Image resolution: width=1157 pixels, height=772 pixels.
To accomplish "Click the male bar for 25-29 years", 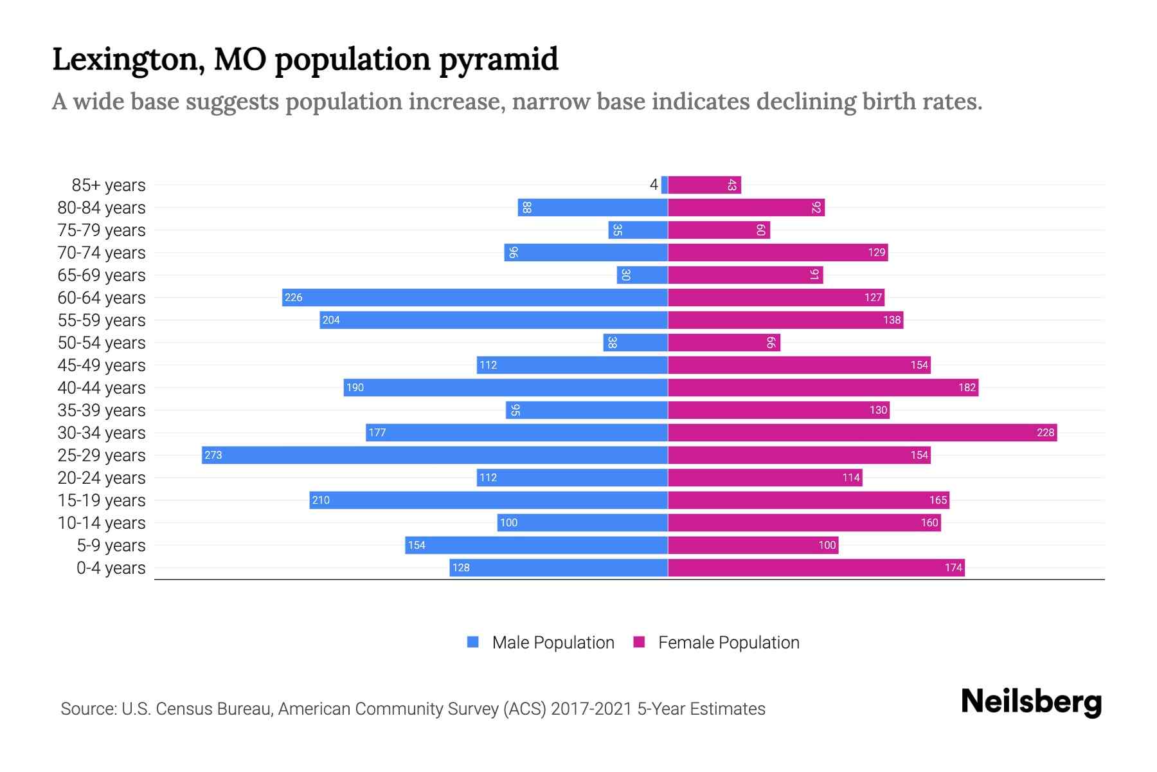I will point(435,455).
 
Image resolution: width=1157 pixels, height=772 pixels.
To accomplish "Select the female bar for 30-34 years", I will point(862,432).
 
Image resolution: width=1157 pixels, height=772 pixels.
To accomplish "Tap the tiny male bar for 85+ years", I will point(665,185).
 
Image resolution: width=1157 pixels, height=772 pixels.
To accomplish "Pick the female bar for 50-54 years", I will point(724,342).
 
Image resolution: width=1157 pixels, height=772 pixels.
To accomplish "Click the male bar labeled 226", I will point(474,297).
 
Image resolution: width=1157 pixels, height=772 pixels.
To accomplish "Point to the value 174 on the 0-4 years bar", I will point(953,567).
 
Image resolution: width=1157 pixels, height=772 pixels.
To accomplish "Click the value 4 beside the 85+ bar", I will point(654,185).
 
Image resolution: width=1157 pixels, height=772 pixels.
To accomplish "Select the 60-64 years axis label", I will point(102,298).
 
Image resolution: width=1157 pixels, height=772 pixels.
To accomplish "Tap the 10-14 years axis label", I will point(102,523).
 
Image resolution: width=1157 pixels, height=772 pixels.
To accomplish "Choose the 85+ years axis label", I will point(109,185).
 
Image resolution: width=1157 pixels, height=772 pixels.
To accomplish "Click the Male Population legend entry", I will point(552,642).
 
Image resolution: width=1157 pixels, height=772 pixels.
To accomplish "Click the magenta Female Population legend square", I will point(639,642).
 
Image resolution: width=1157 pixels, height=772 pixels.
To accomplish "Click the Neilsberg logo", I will point(1031,701).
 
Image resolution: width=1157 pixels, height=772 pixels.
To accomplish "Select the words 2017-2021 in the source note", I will point(591,709).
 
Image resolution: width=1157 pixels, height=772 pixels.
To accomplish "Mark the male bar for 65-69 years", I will point(642,275).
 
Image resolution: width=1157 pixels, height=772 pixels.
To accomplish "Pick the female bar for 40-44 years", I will point(823,387).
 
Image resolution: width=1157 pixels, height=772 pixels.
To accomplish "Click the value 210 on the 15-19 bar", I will point(321,500).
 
